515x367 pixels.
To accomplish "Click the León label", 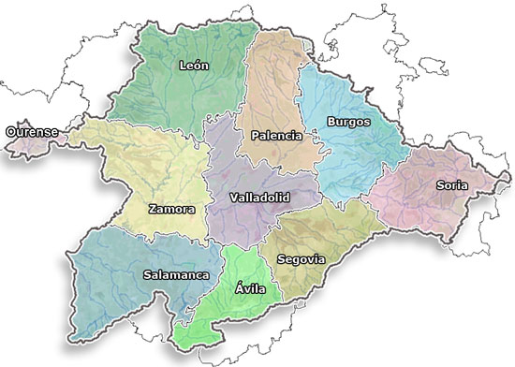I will click(x=195, y=66).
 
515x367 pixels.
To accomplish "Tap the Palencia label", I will click(x=276, y=136).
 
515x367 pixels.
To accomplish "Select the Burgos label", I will click(x=348, y=122).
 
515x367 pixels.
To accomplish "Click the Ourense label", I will click(x=32, y=132).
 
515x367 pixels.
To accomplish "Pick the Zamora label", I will click(x=171, y=210).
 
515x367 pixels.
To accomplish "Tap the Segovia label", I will click(x=302, y=258).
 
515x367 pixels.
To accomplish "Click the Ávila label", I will click(x=251, y=288).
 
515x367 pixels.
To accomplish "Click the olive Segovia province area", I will click(x=328, y=234).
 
